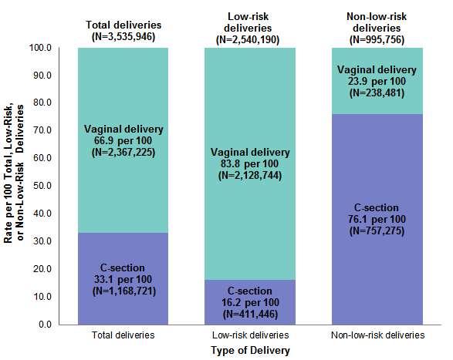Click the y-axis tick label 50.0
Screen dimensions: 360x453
pyautogui.click(x=42, y=186)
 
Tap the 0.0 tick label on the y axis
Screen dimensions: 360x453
pyautogui.click(x=45, y=325)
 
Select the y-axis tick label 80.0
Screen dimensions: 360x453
pyautogui.click(x=42, y=103)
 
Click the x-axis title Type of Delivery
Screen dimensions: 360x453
pyautogui.click(x=251, y=351)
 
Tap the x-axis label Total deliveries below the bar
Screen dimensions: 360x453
pyautogui.click(x=123, y=336)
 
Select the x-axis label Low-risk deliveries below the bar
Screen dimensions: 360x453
pyautogui.click(x=250, y=336)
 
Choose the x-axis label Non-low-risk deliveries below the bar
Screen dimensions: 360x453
pyautogui.click(x=377, y=336)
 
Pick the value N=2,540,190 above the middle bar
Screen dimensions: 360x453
pyautogui.click(x=250, y=39)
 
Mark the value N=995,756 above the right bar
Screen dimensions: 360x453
pyautogui.click(x=377, y=39)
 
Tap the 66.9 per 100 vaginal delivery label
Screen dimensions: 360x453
pyautogui.click(x=123, y=140)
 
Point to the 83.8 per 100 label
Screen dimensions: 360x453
pyautogui.click(x=250, y=163)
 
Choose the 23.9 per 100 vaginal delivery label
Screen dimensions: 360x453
pyautogui.click(x=377, y=81)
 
